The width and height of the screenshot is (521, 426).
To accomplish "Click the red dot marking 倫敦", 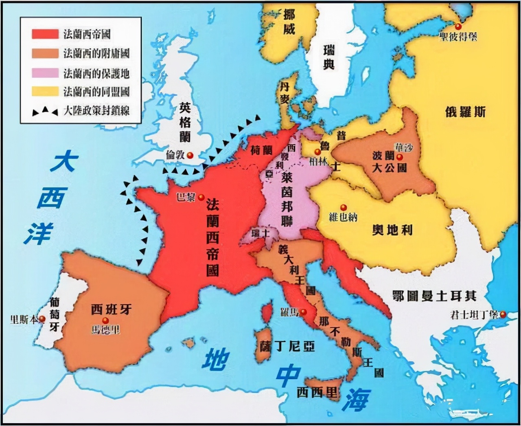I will click(190, 155).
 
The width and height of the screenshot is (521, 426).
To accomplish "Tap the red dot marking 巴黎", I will click(201, 198).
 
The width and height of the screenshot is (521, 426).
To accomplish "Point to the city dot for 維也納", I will click(344, 208).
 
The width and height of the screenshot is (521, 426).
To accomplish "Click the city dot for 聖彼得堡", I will click(459, 26).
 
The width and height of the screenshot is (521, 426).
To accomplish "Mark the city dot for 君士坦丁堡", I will click(503, 314).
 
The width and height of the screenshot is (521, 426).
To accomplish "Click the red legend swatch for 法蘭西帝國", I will click(45, 34).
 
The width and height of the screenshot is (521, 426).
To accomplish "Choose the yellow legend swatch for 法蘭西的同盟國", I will click(45, 91).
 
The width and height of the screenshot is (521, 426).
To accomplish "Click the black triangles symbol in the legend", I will click(45, 110).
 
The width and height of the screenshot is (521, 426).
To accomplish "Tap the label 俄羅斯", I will click(465, 112).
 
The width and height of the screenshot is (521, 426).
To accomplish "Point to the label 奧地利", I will click(392, 230).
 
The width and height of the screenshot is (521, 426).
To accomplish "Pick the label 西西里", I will click(317, 393).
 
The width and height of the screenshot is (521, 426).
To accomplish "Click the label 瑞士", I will click(260, 234).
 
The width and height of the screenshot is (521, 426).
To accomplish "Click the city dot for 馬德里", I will click(105, 321).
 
